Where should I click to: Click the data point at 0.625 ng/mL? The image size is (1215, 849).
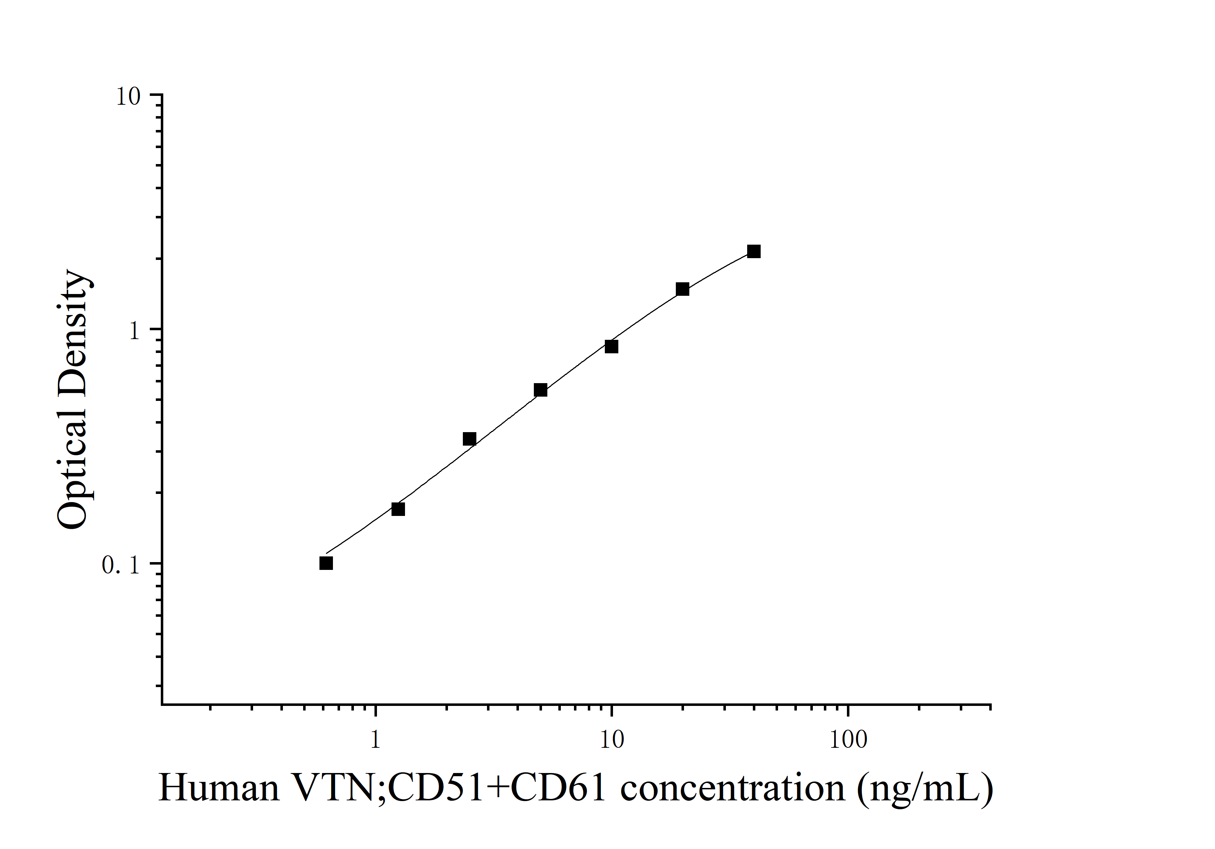click(x=326, y=563)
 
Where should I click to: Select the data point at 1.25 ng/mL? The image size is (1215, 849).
click(x=398, y=509)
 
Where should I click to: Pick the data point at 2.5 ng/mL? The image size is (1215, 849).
click(x=469, y=439)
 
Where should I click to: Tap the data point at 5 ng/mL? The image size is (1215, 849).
click(x=540, y=390)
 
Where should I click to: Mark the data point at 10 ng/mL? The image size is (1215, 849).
click(x=611, y=347)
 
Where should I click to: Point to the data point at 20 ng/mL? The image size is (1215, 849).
click(x=683, y=289)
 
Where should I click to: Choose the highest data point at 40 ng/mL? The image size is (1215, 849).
click(x=754, y=251)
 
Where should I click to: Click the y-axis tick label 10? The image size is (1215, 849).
click(x=128, y=97)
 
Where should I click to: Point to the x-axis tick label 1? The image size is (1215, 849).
click(x=375, y=739)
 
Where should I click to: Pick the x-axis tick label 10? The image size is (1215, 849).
click(x=612, y=739)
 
